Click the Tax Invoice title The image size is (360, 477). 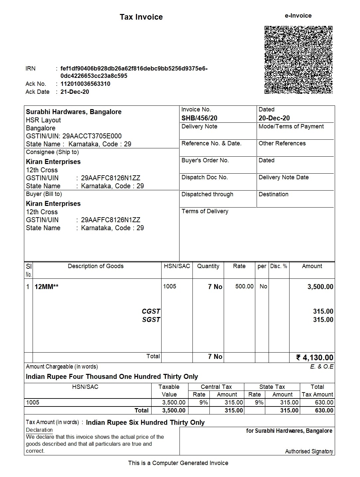(141, 17)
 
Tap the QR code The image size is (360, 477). (299, 60)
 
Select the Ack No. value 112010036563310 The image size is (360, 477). (85, 84)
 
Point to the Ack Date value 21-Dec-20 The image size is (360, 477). (75, 92)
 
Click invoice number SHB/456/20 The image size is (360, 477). (199, 118)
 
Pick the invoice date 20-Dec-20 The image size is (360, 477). (274, 118)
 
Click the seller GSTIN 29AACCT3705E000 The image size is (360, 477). (92, 136)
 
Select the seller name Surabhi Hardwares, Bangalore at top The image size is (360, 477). (74, 112)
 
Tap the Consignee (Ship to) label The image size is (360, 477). (53, 152)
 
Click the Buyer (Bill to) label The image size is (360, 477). (44, 194)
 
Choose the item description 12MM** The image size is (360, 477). (47, 287)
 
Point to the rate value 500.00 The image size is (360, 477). (244, 286)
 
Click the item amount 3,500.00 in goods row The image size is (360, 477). (320, 287)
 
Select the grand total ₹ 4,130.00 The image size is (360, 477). (315, 358)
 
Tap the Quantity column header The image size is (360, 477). (208, 266)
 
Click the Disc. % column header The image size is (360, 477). (279, 266)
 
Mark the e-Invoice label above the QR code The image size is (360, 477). (298, 16)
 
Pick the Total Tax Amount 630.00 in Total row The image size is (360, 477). (324, 410)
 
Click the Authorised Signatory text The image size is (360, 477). (309, 451)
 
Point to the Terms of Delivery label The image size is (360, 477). (205, 211)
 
